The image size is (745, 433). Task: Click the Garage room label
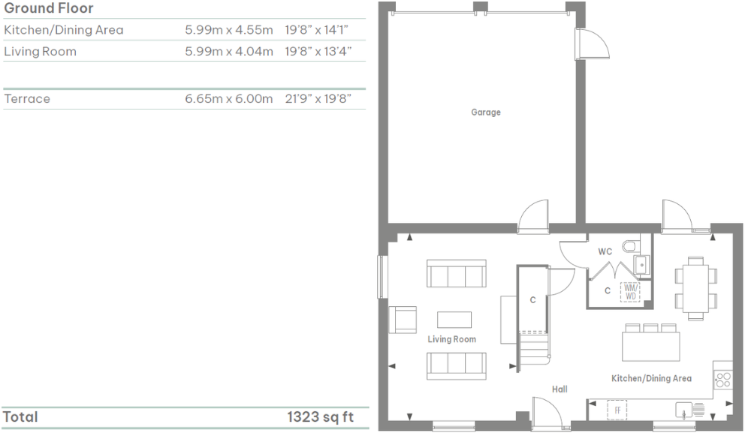click(485, 113)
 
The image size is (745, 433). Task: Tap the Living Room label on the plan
click(451, 339)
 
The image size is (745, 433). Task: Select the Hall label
click(559, 389)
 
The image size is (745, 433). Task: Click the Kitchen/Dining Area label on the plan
click(650, 378)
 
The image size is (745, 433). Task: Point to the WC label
click(605, 252)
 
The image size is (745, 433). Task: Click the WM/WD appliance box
click(629, 292)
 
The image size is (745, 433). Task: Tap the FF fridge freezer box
click(617, 410)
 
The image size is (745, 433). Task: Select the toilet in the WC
click(629, 246)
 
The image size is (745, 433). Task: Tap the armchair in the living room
click(402, 320)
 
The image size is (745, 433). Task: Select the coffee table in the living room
click(454, 319)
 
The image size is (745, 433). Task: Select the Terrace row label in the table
click(27, 99)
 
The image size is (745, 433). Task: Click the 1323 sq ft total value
click(320, 417)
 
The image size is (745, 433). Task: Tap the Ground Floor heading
click(49, 9)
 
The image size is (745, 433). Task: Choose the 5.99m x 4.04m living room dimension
click(228, 52)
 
